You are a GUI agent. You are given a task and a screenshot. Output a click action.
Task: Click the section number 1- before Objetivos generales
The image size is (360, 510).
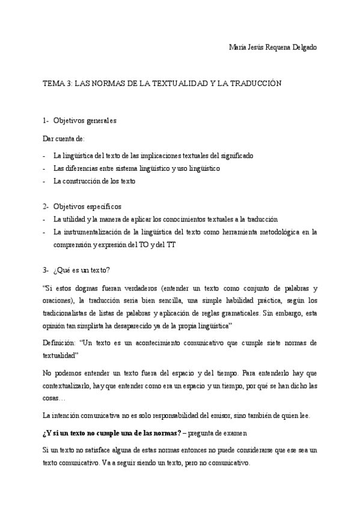pyautogui.click(x=46, y=121)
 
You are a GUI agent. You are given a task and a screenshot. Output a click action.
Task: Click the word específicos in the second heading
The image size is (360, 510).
pyautogui.click(x=103, y=206)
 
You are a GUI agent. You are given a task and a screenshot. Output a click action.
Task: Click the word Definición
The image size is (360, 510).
pyautogui.click(x=58, y=342)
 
